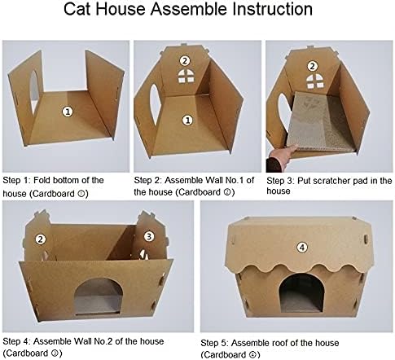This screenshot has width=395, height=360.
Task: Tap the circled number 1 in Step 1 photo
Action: click(68, 112)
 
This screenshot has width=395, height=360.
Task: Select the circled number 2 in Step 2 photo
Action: click(185, 60)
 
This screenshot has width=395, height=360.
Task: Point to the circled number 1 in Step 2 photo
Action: click(187, 120)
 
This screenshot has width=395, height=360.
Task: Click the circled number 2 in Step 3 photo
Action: click(312, 66)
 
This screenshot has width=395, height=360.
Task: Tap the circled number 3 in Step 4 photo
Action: click(148, 236)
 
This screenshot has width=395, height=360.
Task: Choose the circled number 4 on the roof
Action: click(302, 248)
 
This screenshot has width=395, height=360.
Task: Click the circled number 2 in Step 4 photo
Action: click(41, 239)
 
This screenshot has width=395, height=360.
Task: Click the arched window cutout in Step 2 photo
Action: click(186, 76)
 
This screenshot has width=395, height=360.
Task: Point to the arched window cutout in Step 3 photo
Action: click(315, 81)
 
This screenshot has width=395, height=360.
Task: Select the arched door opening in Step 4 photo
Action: click(99, 296)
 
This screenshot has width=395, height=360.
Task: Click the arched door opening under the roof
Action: click(301, 292)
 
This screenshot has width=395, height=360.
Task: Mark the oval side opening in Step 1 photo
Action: click(34, 92)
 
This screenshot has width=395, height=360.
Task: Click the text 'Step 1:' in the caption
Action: click(17, 180)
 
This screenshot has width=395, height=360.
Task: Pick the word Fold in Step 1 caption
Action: click(42, 180)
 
